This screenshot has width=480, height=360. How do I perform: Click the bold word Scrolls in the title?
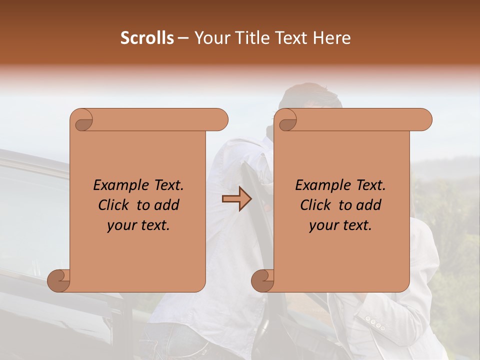coord(147,38)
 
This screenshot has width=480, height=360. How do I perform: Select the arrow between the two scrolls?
coord(236,199)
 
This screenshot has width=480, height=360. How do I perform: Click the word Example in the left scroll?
coord(116,185)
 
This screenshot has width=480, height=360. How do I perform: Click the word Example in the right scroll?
coord(318,185)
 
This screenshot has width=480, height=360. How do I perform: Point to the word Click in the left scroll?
coord(115,205)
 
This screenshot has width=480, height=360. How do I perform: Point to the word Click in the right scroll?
coord(317,205)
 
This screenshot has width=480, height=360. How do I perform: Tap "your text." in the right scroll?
coord(340,225)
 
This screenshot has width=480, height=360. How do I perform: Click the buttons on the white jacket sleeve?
coord(374,322)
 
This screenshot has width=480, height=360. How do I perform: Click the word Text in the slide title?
coord(289,38)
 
